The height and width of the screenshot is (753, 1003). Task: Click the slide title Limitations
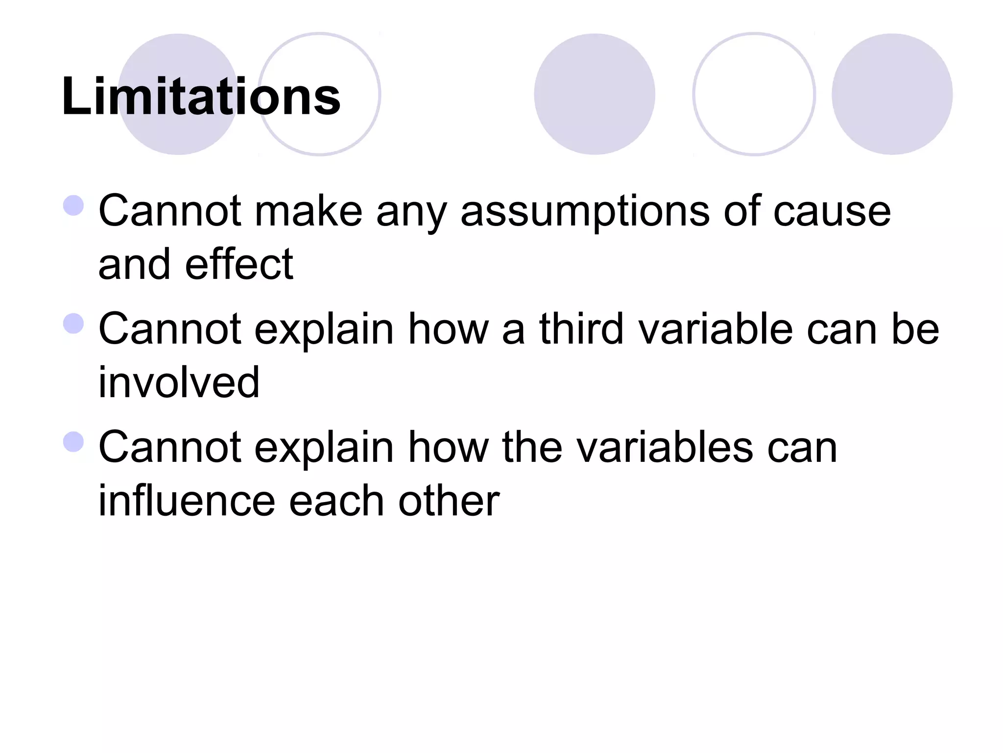pos(201,97)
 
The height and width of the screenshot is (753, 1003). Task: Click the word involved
pos(179,383)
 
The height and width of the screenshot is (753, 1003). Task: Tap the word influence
pos(187,501)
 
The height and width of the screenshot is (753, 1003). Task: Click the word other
pos(449,501)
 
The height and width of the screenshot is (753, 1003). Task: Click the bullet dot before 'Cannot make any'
pos(73,205)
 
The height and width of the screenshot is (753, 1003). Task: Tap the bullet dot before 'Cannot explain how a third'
pos(73,324)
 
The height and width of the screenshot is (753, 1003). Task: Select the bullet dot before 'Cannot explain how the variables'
pos(73,442)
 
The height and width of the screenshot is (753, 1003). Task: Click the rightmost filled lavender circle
pos(892,94)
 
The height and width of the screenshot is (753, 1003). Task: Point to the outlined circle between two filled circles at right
pos(754,94)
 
